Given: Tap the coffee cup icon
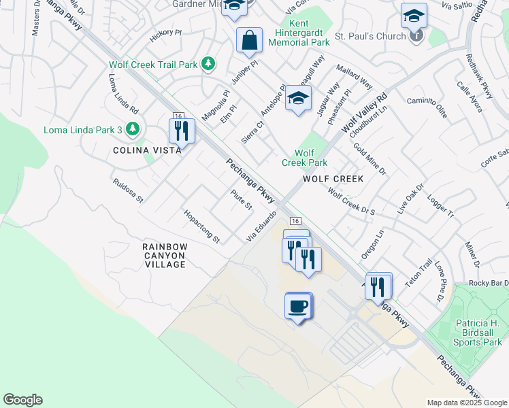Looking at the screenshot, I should pyautogui.click(x=298, y=306).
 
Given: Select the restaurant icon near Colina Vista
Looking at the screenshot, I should pyautogui.click(x=182, y=131).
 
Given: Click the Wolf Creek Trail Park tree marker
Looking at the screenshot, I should pyautogui.click(x=209, y=65).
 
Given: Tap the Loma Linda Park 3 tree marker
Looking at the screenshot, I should pyautogui.click(x=133, y=129).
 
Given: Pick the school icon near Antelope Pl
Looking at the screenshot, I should pyautogui.click(x=298, y=99).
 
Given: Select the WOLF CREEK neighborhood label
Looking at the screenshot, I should pyautogui.click(x=333, y=179).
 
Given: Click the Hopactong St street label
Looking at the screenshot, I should pyautogui.click(x=202, y=226).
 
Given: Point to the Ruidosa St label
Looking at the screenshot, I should pyautogui.click(x=129, y=191).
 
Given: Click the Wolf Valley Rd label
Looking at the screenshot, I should pyautogui.click(x=364, y=113).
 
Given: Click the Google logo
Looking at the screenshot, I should pyautogui.click(x=22, y=400).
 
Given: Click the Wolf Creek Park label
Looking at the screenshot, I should pyautogui.click(x=305, y=158).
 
